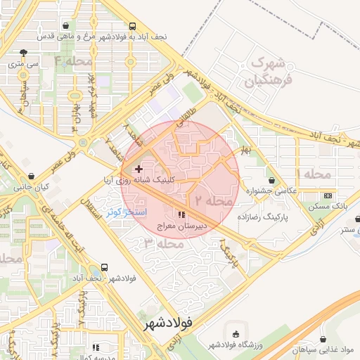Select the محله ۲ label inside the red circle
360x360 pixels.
213,200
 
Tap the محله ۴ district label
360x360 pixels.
73,61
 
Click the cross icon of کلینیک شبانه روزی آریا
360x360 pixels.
139,169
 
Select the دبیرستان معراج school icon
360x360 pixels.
181,214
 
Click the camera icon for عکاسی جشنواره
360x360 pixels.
271,180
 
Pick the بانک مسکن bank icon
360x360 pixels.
328,195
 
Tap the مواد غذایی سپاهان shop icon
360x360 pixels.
323,338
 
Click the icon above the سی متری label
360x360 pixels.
25,52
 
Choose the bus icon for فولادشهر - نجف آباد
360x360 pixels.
104,267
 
